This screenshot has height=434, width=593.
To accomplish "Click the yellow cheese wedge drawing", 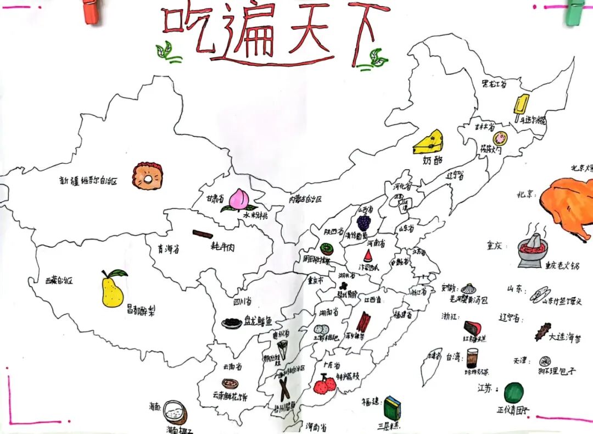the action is point(429,143).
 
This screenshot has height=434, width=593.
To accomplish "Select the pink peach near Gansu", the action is point(238,199).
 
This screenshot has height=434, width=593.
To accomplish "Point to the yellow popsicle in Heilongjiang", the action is point(522,107).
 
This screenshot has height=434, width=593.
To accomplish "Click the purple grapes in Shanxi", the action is point(363,222).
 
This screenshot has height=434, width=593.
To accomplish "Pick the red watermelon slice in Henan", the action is point(367,255).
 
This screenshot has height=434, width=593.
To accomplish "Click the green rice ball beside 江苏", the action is point(513,393).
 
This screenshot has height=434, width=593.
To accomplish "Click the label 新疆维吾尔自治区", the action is point(88,180).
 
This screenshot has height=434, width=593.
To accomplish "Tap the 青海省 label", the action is point(168,249).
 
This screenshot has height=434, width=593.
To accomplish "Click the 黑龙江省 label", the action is point(494,84).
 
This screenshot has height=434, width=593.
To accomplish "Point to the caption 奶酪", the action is point(433,161).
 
